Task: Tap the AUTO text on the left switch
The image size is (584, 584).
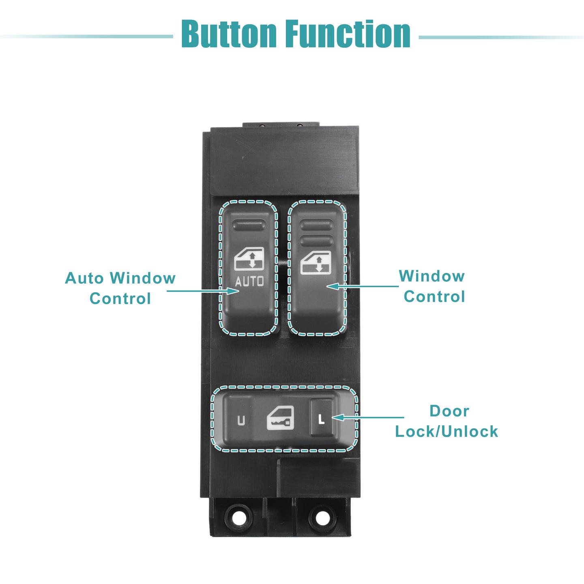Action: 249,281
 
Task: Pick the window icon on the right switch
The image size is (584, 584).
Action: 316,262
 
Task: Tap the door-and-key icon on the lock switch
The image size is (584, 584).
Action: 280,418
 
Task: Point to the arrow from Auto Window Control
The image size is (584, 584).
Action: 203,291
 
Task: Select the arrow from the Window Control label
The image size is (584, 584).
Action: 363,286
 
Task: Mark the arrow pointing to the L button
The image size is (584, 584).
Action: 368,417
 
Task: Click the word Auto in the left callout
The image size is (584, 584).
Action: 84,278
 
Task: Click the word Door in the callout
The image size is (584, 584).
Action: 449,411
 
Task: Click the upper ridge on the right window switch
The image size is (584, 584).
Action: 316,225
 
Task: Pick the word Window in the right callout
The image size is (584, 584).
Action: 432,276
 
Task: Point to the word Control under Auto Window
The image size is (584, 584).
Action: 120,298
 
